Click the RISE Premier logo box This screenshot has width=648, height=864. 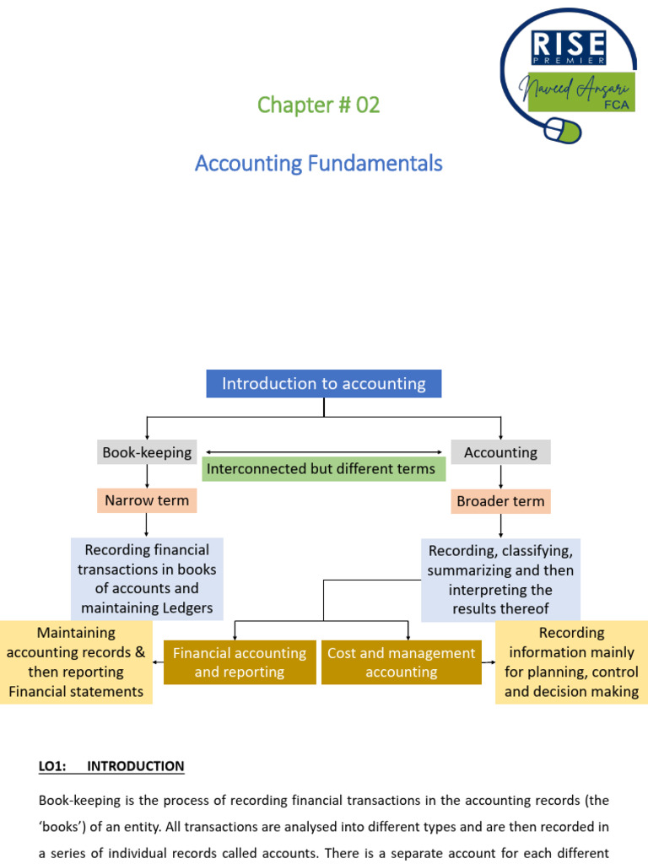[567, 47]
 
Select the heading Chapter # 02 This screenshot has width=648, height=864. [318, 105]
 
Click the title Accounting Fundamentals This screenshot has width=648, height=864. [318, 163]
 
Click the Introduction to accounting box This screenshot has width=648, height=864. [323, 384]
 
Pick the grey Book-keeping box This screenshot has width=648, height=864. [147, 452]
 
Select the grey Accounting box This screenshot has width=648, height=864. [500, 452]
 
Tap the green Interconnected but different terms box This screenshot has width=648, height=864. [321, 468]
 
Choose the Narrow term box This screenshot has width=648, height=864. [147, 500]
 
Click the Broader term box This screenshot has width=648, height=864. [500, 501]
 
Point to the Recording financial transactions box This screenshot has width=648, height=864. [147, 579]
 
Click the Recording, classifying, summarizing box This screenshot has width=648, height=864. [500, 579]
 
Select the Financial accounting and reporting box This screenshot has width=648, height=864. [240, 662]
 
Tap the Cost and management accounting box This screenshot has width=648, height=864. [401, 662]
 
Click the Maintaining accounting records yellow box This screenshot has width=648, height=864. [76, 662]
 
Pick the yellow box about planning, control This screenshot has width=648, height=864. [571, 662]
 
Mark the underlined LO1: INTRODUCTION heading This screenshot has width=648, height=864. [111, 766]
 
